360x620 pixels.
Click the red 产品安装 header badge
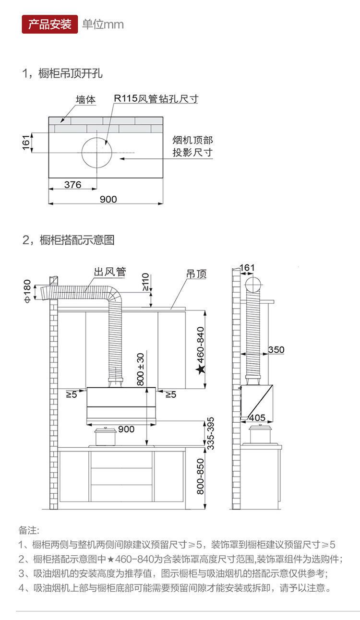tap(50, 24)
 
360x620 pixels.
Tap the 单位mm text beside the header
tap(103, 24)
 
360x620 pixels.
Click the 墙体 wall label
tap(86, 100)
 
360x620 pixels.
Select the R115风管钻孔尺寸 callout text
tap(156, 99)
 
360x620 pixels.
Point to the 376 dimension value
tap(72, 185)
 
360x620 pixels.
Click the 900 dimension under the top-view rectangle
tap(108, 199)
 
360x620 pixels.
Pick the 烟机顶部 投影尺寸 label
tap(192, 146)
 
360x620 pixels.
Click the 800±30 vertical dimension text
tap(140, 369)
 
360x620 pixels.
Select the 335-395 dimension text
tap(210, 433)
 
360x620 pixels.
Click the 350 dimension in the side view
tap(276, 350)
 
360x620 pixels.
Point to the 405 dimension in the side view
tap(257, 417)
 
